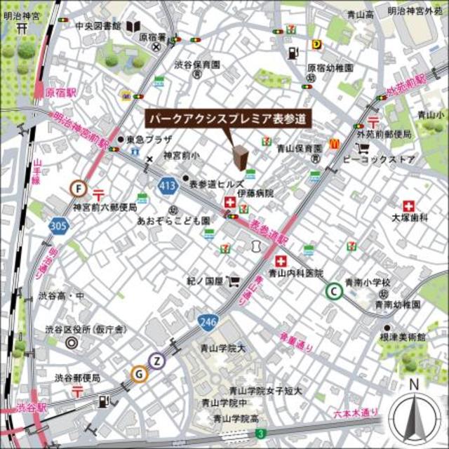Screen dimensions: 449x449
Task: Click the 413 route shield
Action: click(x=167, y=186)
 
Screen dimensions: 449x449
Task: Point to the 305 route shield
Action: click(x=59, y=226)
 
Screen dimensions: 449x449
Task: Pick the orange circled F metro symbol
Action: click(x=78, y=188)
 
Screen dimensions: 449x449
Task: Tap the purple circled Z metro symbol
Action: click(x=159, y=361)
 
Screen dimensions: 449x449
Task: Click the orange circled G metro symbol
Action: click(x=140, y=374)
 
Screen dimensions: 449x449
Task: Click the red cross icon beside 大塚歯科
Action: click(x=409, y=206)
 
